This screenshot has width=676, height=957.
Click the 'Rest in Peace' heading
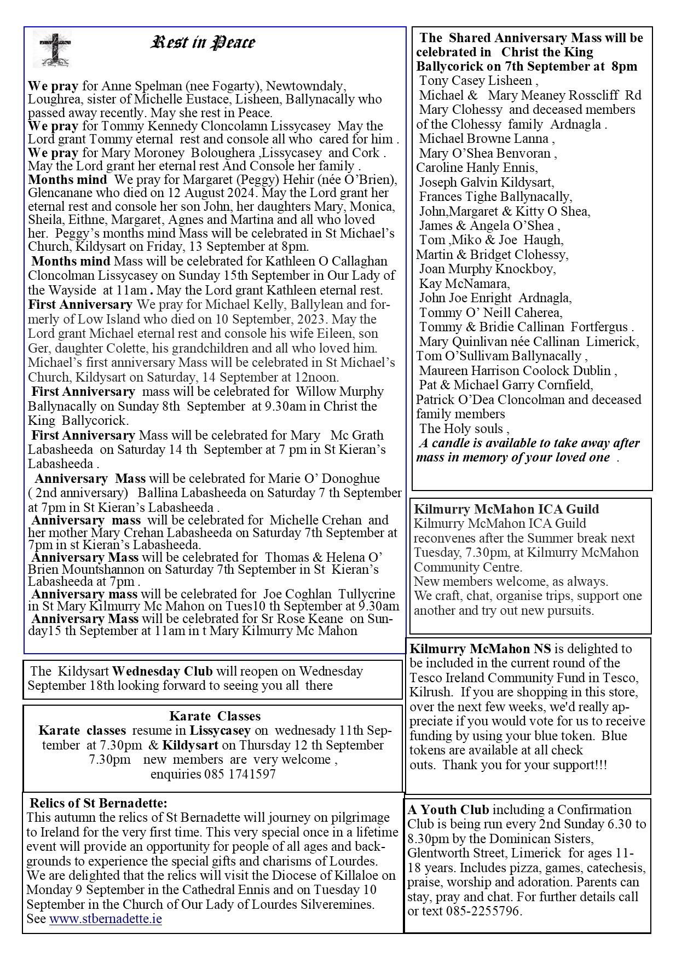[203, 43]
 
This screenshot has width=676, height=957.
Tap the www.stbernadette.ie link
[105, 918]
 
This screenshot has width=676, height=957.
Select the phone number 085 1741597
[240, 774]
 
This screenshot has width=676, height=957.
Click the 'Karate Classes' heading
[215, 716]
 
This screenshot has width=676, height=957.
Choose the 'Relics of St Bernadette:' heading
[99, 803]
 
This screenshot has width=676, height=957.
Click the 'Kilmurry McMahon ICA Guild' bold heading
[506, 509]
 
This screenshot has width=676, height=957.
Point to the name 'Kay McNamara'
[464, 284]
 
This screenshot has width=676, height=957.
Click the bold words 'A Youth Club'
[448, 809]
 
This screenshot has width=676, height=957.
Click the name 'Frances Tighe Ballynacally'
[495, 197]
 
